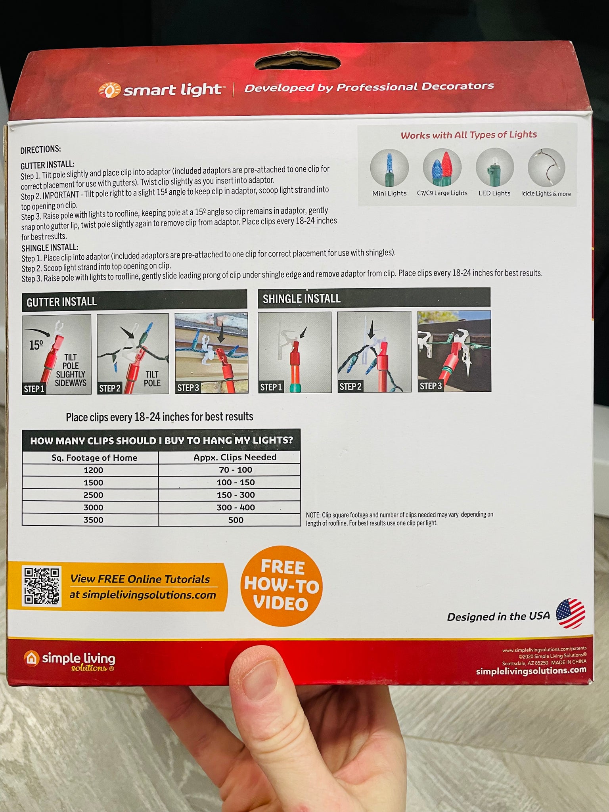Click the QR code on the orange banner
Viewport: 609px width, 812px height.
(42, 586)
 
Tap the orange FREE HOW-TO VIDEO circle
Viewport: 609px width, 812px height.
(282, 586)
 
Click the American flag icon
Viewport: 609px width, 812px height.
(571, 613)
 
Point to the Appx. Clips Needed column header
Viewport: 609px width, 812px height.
(235, 457)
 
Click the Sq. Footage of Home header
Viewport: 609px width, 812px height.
(94, 458)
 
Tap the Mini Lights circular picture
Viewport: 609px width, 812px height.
(389, 168)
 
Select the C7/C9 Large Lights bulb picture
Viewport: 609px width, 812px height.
(442, 168)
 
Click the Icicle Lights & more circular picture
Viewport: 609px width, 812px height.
(546, 167)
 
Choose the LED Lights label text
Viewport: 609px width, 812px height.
(494, 193)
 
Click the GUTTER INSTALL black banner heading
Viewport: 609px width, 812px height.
(134, 301)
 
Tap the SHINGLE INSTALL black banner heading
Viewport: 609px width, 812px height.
(374, 298)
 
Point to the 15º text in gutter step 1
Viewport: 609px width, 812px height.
(36, 345)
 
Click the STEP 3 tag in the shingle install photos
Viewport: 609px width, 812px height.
(431, 386)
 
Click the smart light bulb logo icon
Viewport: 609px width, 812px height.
(109, 91)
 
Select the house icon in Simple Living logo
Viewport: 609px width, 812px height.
(31, 658)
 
